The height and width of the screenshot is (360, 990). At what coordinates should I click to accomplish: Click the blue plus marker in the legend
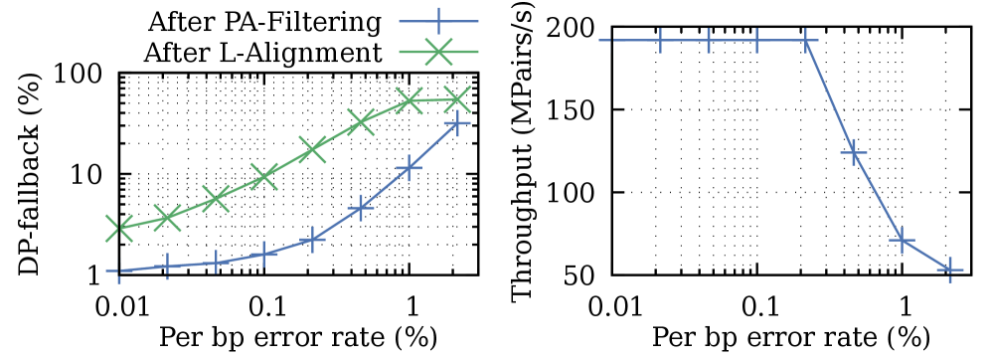pyautogui.click(x=438, y=20)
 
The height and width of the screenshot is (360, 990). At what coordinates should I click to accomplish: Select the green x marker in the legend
pyautogui.click(x=438, y=52)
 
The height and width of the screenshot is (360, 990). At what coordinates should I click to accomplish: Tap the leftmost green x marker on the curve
pyautogui.click(x=119, y=228)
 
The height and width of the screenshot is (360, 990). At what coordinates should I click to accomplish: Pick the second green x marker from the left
pyautogui.click(x=167, y=217)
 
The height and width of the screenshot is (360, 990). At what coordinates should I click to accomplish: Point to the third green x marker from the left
pyautogui.click(x=216, y=199)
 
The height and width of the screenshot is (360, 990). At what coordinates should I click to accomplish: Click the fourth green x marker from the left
pyautogui.click(x=263, y=176)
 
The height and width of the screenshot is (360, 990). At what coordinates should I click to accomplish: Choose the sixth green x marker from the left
pyautogui.click(x=360, y=122)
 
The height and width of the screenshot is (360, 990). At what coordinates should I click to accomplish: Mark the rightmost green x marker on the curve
pyautogui.click(x=456, y=98)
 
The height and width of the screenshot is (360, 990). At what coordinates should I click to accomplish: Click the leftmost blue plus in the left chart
pyautogui.click(x=119, y=270)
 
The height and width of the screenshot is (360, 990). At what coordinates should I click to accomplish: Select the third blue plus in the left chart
pyautogui.click(x=216, y=263)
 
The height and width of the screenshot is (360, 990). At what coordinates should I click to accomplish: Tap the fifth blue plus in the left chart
pyautogui.click(x=312, y=240)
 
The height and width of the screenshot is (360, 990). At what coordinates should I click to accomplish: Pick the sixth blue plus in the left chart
pyautogui.click(x=360, y=208)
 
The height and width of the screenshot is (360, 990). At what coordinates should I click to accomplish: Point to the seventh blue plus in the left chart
pyautogui.click(x=409, y=168)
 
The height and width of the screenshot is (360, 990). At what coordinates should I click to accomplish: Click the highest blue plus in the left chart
pyautogui.click(x=456, y=123)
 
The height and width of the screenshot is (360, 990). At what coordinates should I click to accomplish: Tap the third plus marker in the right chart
pyautogui.click(x=709, y=41)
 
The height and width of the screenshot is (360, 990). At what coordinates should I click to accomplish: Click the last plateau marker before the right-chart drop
pyautogui.click(x=805, y=41)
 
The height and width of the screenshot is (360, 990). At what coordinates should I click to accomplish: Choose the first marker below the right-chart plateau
pyautogui.click(x=853, y=153)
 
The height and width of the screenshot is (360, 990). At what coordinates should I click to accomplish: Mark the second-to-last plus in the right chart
pyautogui.click(x=902, y=240)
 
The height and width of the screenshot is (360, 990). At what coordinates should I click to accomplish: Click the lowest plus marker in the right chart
pyautogui.click(x=949, y=270)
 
